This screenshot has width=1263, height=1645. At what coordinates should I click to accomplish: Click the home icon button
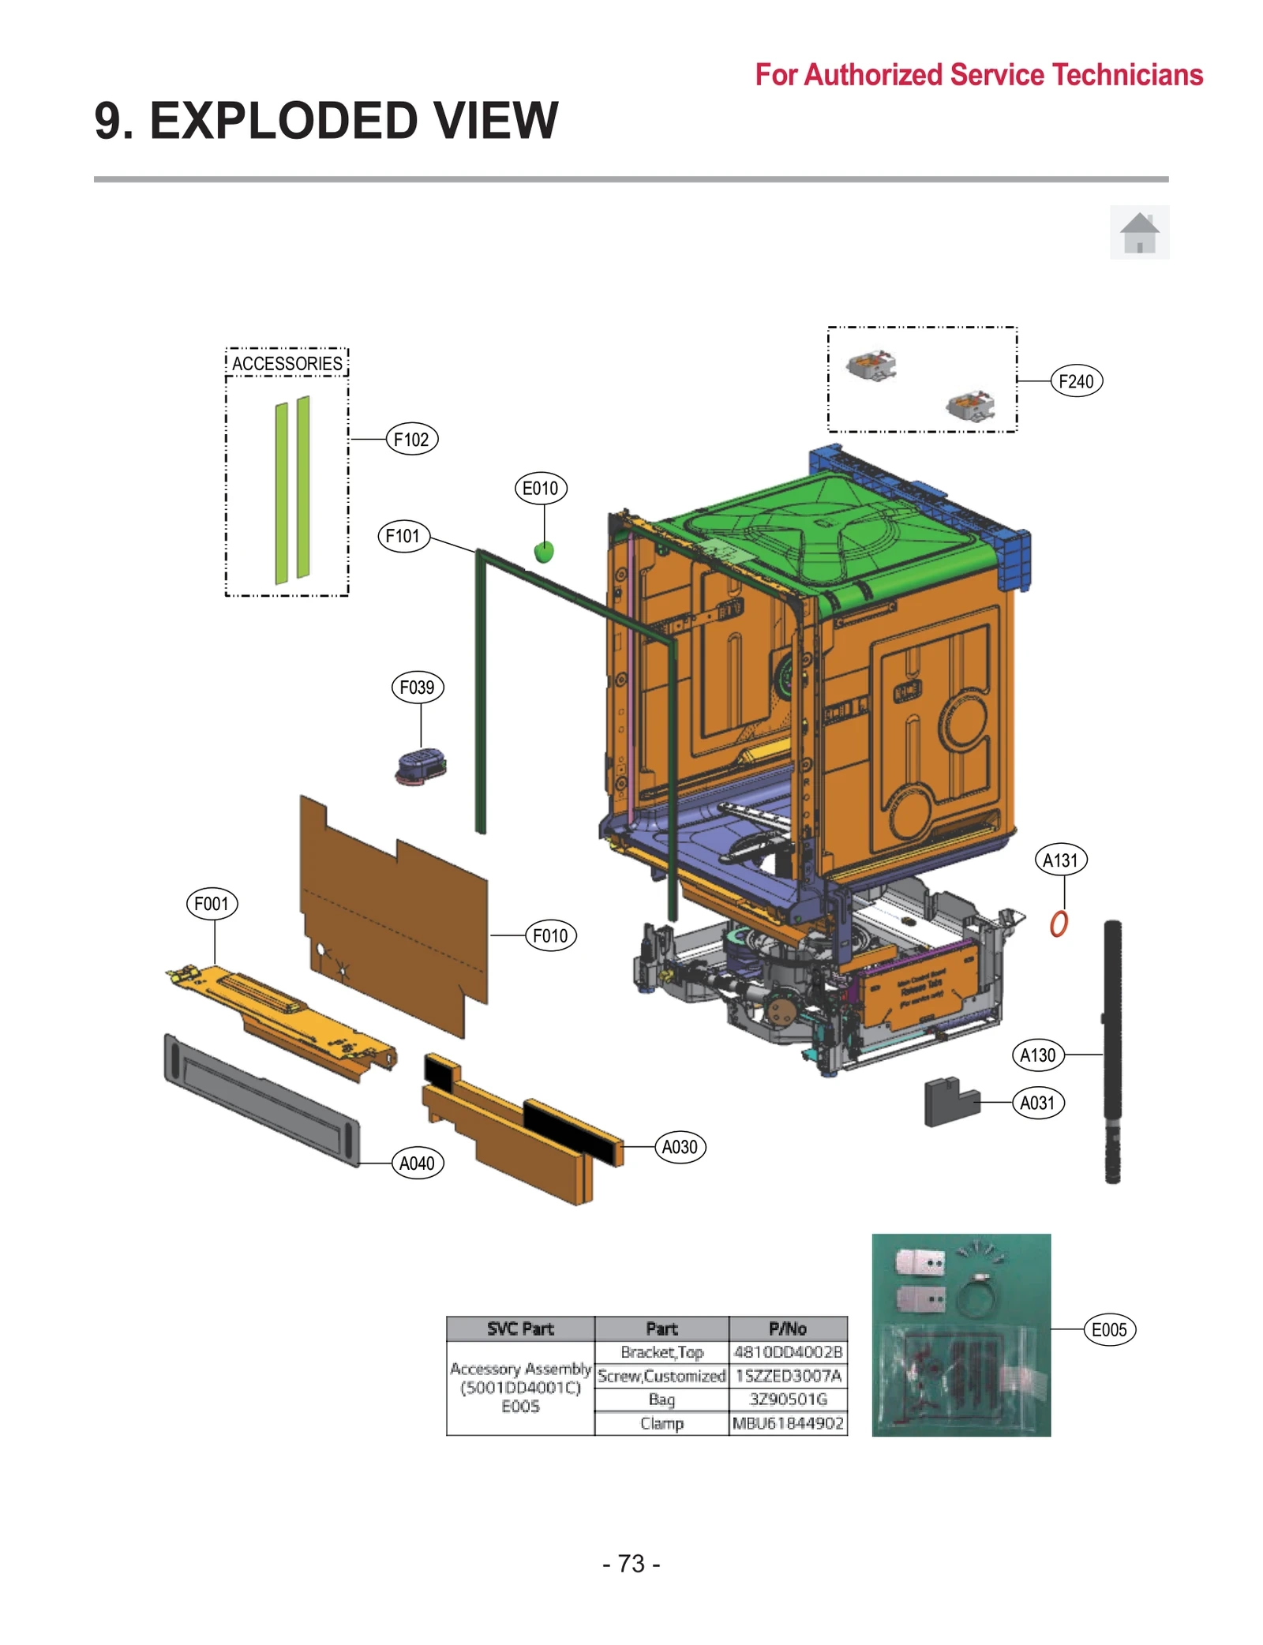pyautogui.click(x=1139, y=233)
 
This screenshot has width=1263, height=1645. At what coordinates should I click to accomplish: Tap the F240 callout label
pyautogui.click(x=1075, y=382)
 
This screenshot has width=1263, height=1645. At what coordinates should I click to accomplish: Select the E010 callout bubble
pyautogui.click(x=540, y=489)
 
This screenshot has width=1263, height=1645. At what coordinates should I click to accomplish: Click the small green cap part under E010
pyautogui.click(x=544, y=552)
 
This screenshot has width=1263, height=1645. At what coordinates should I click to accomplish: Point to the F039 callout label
pyautogui.click(x=417, y=688)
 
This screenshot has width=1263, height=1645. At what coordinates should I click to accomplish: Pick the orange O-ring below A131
pyautogui.click(x=1059, y=924)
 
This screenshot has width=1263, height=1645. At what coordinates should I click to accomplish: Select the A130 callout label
pyautogui.click(x=1037, y=1055)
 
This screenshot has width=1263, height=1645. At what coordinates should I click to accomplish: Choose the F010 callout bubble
pyautogui.click(x=550, y=936)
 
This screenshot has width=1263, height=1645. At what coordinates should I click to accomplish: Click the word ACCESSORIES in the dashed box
pyautogui.click(x=287, y=364)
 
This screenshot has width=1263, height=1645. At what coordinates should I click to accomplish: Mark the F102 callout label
pyautogui.click(x=411, y=440)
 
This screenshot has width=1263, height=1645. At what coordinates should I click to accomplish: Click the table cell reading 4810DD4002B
pyautogui.click(x=787, y=1352)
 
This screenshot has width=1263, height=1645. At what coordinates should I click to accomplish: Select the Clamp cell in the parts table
pyautogui.click(x=661, y=1423)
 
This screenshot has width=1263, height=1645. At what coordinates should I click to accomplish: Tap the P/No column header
pyautogui.click(x=787, y=1328)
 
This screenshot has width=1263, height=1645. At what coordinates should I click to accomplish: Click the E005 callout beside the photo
pyautogui.click(x=1108, y=1330)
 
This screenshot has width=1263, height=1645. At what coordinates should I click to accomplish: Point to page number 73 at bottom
pyautogui.click(x=631, y=1564)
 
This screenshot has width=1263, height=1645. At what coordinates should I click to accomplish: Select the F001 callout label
pyautogui.click(x=212, y=904)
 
